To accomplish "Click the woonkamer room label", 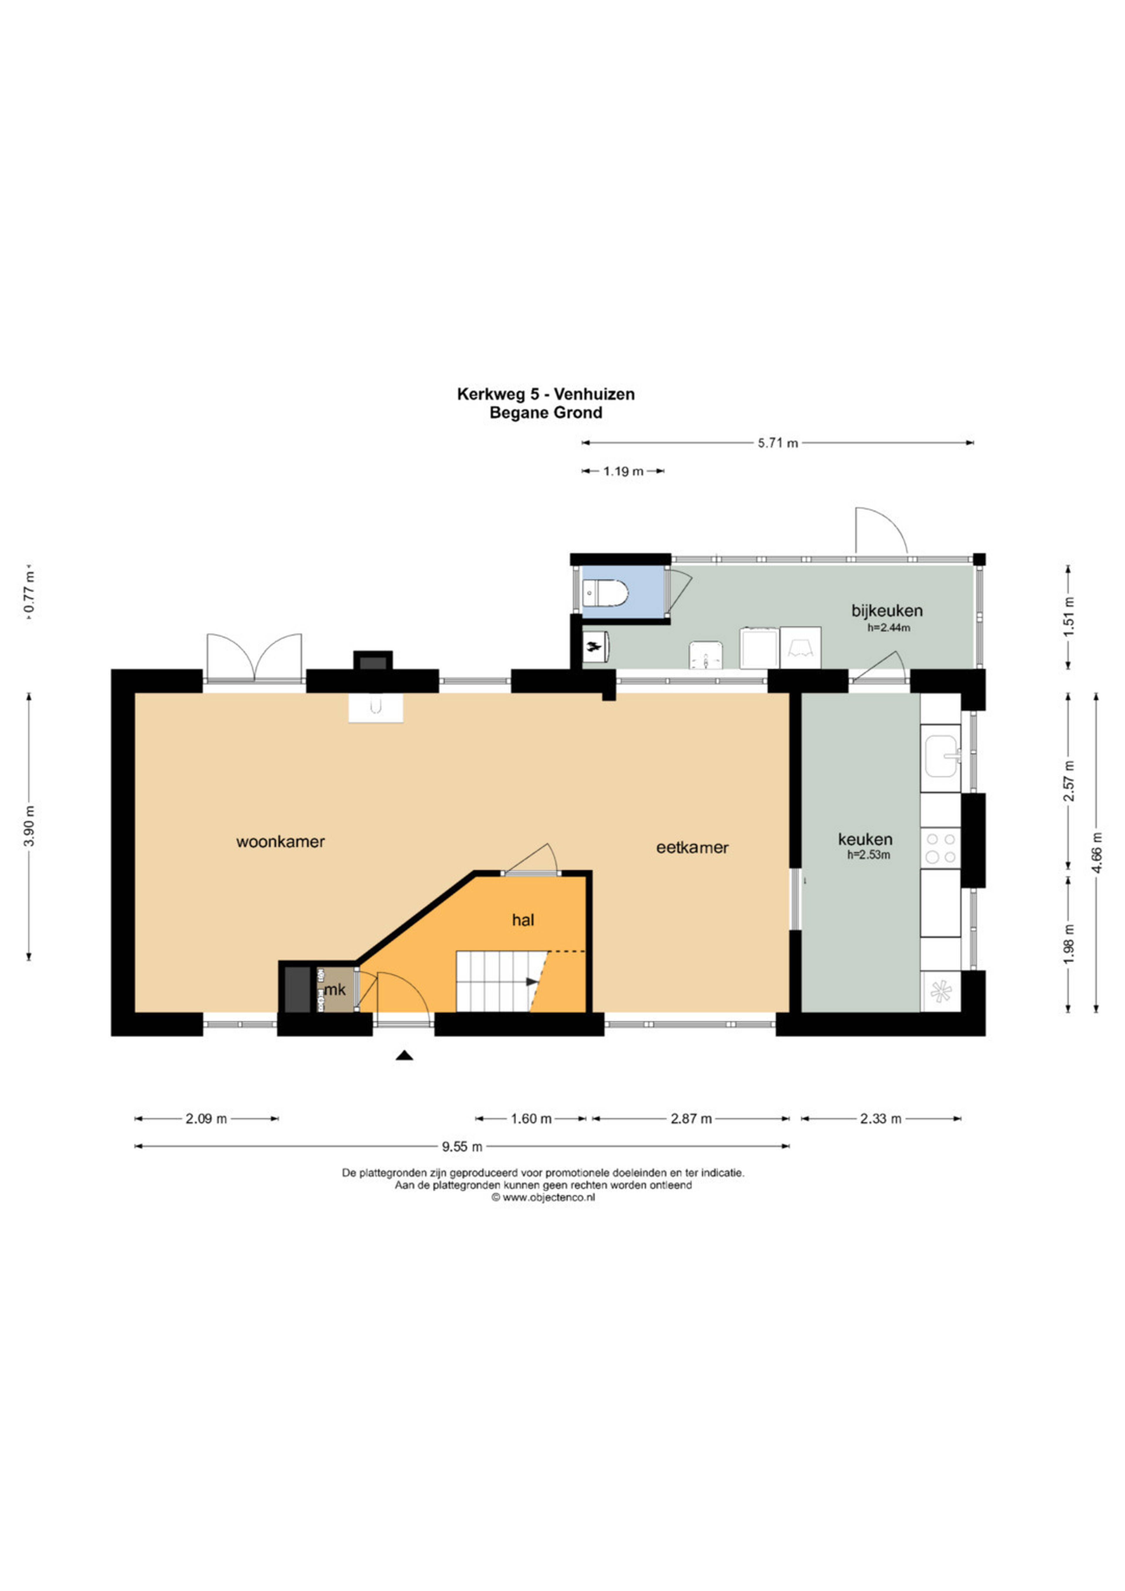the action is [281, 842].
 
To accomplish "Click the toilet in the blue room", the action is [606, 594].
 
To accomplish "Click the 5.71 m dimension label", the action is [778, 443].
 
